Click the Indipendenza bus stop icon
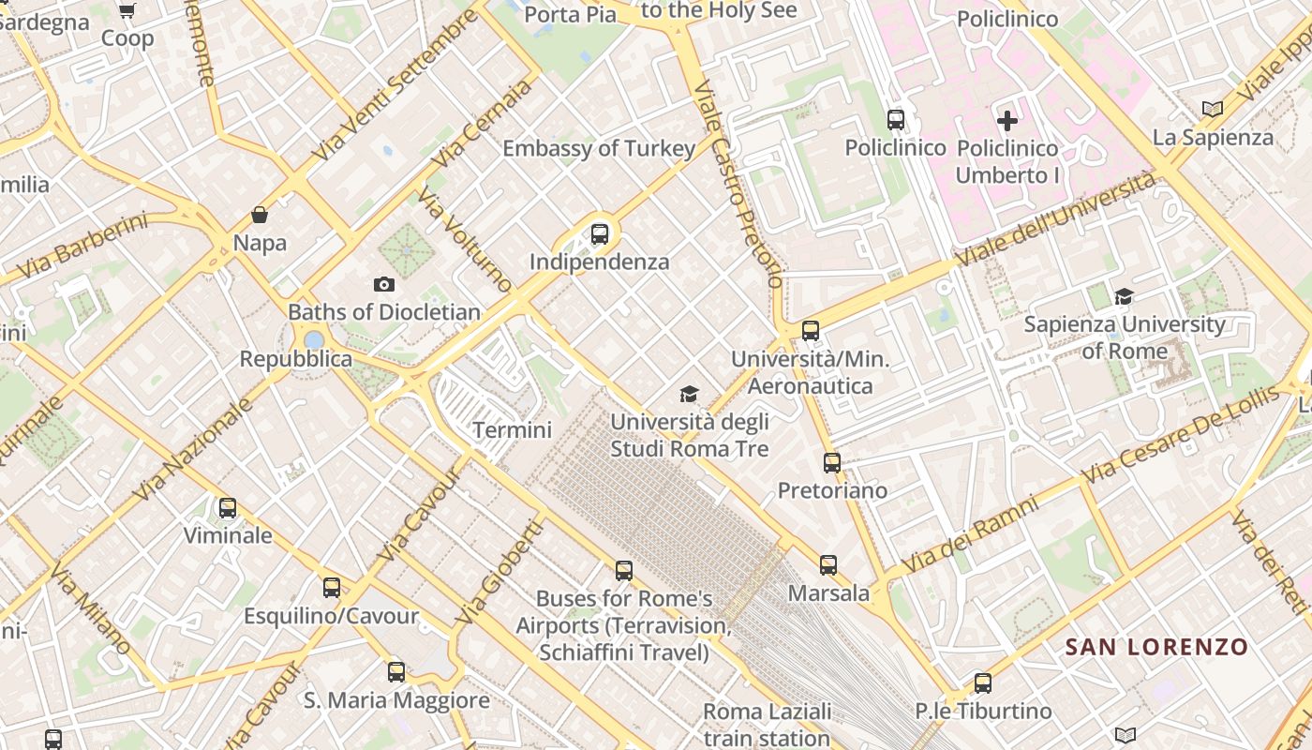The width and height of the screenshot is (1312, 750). [x=600, y=234]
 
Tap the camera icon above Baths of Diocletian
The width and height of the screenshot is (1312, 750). [x=383, y=284]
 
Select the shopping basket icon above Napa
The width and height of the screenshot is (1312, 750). [x=260, y=215]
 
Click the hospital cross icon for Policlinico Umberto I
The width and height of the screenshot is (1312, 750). [x=1007, y=120]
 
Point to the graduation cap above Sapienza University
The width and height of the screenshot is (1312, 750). [x=1124, y=297]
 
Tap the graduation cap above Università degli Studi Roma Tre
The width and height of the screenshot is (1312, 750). [x=690, y=394]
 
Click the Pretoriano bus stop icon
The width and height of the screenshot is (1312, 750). [x=832, y=462]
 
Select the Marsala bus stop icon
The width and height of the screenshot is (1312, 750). [x=828, y=565]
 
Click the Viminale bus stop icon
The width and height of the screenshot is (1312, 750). [x=228, y=508]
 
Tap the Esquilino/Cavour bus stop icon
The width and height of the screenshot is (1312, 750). [x=332, y=588]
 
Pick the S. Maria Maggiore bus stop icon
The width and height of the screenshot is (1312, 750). [x=396, y=672]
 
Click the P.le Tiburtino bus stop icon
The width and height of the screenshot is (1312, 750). [x=983, y=683]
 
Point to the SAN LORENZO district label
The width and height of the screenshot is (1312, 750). [x=1157, y=647]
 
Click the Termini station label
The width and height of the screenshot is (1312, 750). [x=512, y=430]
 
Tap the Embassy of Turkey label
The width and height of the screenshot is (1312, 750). [x=599, y=148]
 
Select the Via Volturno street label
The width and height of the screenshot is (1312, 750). [x=466, y=240]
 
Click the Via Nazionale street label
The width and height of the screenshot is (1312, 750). [x=193, y=449]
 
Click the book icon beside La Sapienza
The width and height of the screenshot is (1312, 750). [x=1213, y=109]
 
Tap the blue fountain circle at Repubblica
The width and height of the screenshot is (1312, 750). [x=315, y=339]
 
